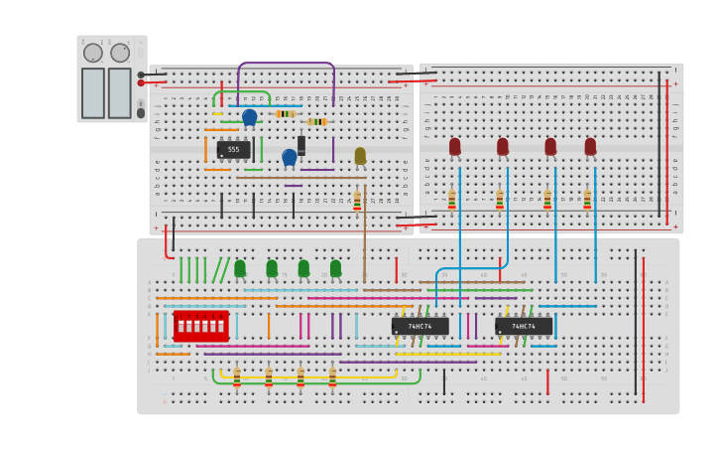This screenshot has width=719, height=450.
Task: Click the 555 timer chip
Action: pos(233,150)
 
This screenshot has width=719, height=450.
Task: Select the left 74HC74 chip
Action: pos(419,326)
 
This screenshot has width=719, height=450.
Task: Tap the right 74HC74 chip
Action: pos(524,326)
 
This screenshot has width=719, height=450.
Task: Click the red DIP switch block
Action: pos(200,326)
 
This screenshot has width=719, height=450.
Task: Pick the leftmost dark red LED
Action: pos(454,146)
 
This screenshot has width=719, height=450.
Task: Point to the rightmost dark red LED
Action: pos(590,146)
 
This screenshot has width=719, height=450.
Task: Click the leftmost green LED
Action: pos(240,267)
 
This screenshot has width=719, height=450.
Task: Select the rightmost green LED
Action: pos(335,267)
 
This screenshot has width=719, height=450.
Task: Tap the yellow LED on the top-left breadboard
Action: pos(360,155)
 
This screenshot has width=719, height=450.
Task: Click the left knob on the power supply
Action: pos(93,53)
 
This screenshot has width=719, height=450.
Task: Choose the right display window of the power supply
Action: pos(120,92)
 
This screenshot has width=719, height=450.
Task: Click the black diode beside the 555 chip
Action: pos(301,144)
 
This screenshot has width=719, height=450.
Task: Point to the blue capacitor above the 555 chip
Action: pos(249,116)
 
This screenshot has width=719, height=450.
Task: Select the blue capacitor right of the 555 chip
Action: pos(289,157)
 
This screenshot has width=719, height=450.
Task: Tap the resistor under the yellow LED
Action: pos(357,201)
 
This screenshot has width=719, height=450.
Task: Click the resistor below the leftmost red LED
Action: pos(451,200)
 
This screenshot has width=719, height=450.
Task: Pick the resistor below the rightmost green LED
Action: pos(332,377)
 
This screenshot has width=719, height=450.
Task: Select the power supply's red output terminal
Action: pos(141,83)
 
